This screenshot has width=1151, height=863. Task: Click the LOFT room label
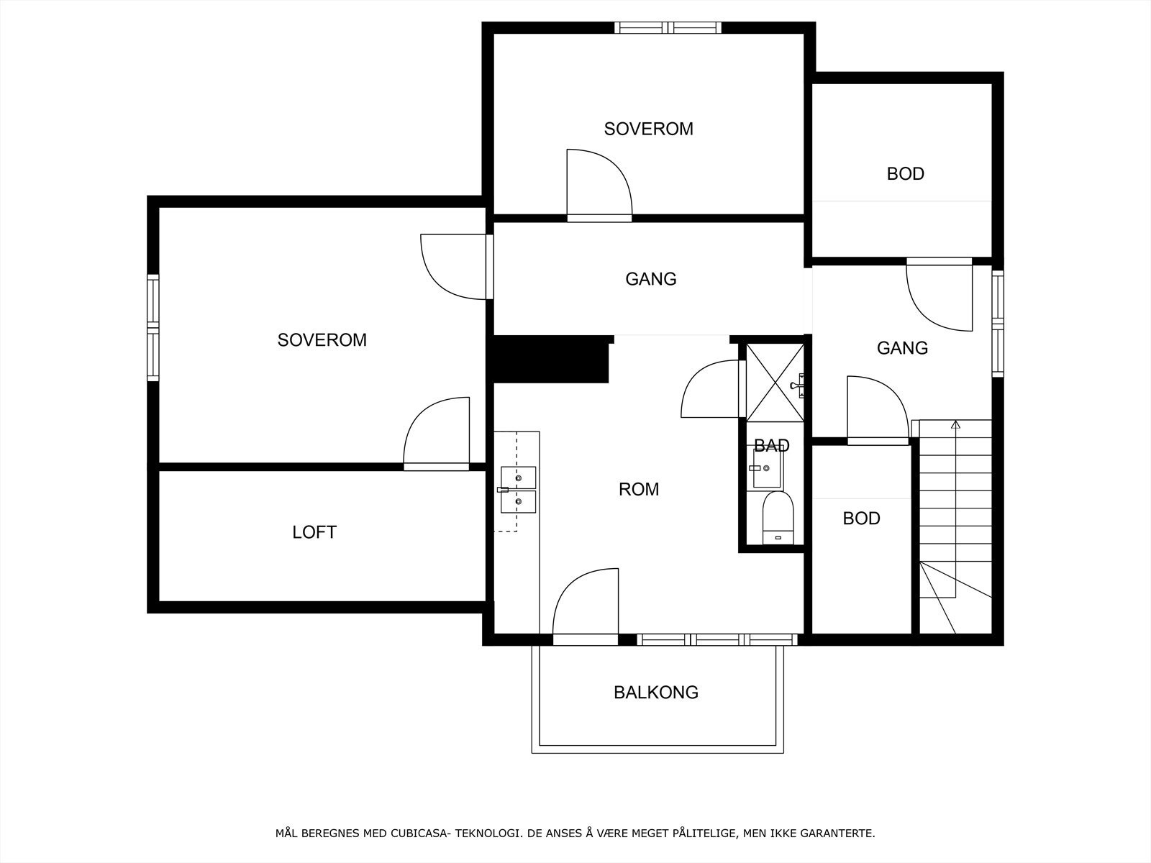tap(314, 532)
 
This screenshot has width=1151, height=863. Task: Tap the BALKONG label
tap(656, 693)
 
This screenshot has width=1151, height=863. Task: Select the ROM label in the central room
tap(639, 490)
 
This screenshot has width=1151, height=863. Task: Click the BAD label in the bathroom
tap(771, 445)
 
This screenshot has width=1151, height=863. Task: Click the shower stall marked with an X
tap(775, 383)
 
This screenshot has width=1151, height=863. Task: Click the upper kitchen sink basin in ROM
tap(518, 478)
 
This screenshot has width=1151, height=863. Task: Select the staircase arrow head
tap(955, 424)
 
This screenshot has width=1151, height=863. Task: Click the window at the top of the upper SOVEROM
tap(668, 28)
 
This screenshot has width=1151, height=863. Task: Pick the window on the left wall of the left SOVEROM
tap(153, 328)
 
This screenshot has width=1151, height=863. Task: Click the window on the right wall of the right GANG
tap(997, 324)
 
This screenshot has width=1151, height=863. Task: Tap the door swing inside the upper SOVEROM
tap(599, 184)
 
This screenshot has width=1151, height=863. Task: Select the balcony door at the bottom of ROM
tap(586, 606)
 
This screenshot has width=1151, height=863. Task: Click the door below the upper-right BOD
tap(940, 294)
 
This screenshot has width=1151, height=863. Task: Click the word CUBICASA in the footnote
tap(419, 833)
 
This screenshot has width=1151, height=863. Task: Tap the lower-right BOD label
tap(862, 519)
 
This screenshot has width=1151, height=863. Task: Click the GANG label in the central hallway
tap(651, 279)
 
